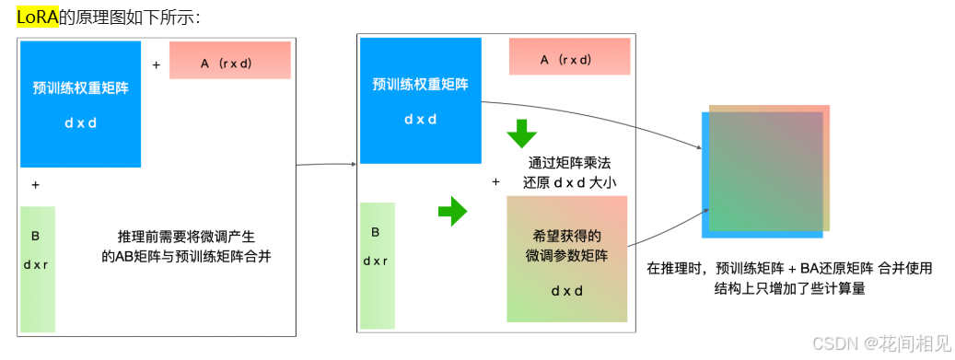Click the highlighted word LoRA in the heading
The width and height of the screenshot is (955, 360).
pos(38,17)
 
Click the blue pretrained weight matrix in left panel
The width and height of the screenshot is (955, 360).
pos(79,104)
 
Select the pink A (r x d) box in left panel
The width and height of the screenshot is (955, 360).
pos(230,62)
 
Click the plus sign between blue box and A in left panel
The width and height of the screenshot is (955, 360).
pos(156,64)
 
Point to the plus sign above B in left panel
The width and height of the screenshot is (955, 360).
pos(35,184)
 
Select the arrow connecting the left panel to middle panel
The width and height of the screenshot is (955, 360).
pos(325,165)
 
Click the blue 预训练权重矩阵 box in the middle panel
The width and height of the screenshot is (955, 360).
pos(420,101)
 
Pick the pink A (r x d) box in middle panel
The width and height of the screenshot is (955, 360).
pos(569,59)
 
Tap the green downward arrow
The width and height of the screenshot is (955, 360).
pos(521,134)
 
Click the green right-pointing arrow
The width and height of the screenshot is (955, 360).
pos(452,211)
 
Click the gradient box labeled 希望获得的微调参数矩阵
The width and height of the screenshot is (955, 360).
pos(566,258)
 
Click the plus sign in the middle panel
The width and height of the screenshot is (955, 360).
pos(495,182)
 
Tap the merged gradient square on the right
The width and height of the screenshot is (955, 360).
pos(766,169)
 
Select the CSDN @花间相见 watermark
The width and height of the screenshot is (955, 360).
pos(880,343)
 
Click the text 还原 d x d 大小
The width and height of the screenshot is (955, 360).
pos(569,182)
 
